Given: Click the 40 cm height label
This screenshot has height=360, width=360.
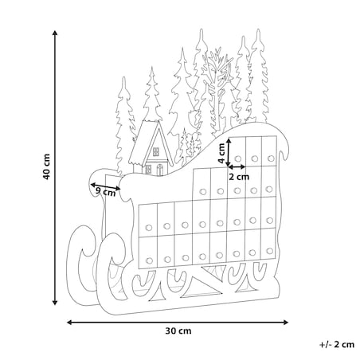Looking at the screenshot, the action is tap(46, 166).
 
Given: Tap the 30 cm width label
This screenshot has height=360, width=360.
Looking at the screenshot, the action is tap(178, 331).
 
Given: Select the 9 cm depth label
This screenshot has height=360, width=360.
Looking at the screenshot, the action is tap(105, 192).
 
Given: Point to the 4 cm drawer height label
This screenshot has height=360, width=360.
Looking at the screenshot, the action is tap(221, 154).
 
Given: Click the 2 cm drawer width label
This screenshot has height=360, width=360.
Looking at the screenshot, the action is tap(239, 177).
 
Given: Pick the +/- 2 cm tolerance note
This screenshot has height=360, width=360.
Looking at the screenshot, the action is tap(337, 345).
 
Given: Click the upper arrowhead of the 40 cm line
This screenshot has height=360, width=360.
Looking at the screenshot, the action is tap(55, 33).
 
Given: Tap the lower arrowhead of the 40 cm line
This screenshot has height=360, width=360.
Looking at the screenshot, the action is tap(55, 303).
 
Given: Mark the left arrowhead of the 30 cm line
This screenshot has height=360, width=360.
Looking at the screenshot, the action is tap(69, 323).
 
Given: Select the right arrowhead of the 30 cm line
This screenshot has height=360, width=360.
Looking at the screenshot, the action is tap(285, 323).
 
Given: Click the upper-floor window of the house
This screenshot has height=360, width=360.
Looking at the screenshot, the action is tap(156, 151).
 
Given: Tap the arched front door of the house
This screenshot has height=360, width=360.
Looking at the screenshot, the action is tap(159, 170).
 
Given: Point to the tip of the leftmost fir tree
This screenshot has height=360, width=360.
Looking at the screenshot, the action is tap(123, 77).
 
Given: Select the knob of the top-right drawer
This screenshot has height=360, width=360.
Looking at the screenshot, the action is tap(271, 158).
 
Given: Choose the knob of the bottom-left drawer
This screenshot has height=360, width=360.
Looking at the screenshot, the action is tap(149, 260).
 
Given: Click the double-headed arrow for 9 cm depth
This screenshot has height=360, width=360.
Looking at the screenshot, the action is tap(105, 186).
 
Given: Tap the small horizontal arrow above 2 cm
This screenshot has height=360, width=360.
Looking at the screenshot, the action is tap(237, 167).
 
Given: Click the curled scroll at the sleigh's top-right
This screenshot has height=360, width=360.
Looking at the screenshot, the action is tap(284, 147).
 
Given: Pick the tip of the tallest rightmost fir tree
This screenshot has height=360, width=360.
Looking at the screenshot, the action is tap(258, 29).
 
